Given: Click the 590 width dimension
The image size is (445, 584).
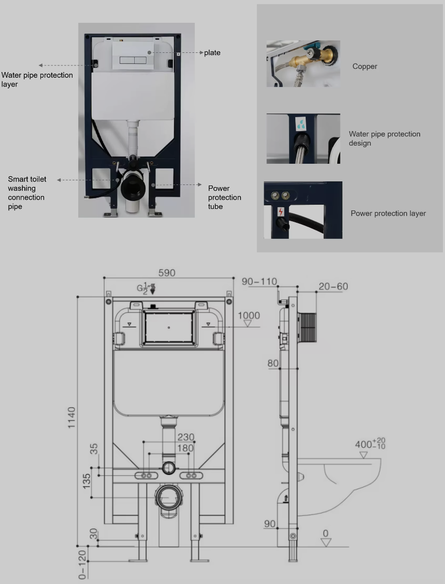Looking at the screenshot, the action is (x=166, y=273).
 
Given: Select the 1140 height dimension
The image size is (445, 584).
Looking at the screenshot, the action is (x=71, y=418).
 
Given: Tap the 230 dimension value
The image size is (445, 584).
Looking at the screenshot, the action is (x=186, y=437).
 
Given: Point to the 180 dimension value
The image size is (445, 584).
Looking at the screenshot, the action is (x=185, y=448).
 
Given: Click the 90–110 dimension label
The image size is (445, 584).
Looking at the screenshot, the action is (x=259, y=281).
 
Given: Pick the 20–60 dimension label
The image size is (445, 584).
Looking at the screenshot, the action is (x=333, y=287).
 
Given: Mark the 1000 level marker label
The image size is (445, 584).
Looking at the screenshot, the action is (x=249, y=316).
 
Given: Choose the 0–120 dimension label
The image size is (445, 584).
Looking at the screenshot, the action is (x=83, y=565).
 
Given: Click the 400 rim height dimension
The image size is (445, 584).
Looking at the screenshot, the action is (x=370, y=444).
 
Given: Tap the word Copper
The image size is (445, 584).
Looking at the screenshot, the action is (x=365, y=66).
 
